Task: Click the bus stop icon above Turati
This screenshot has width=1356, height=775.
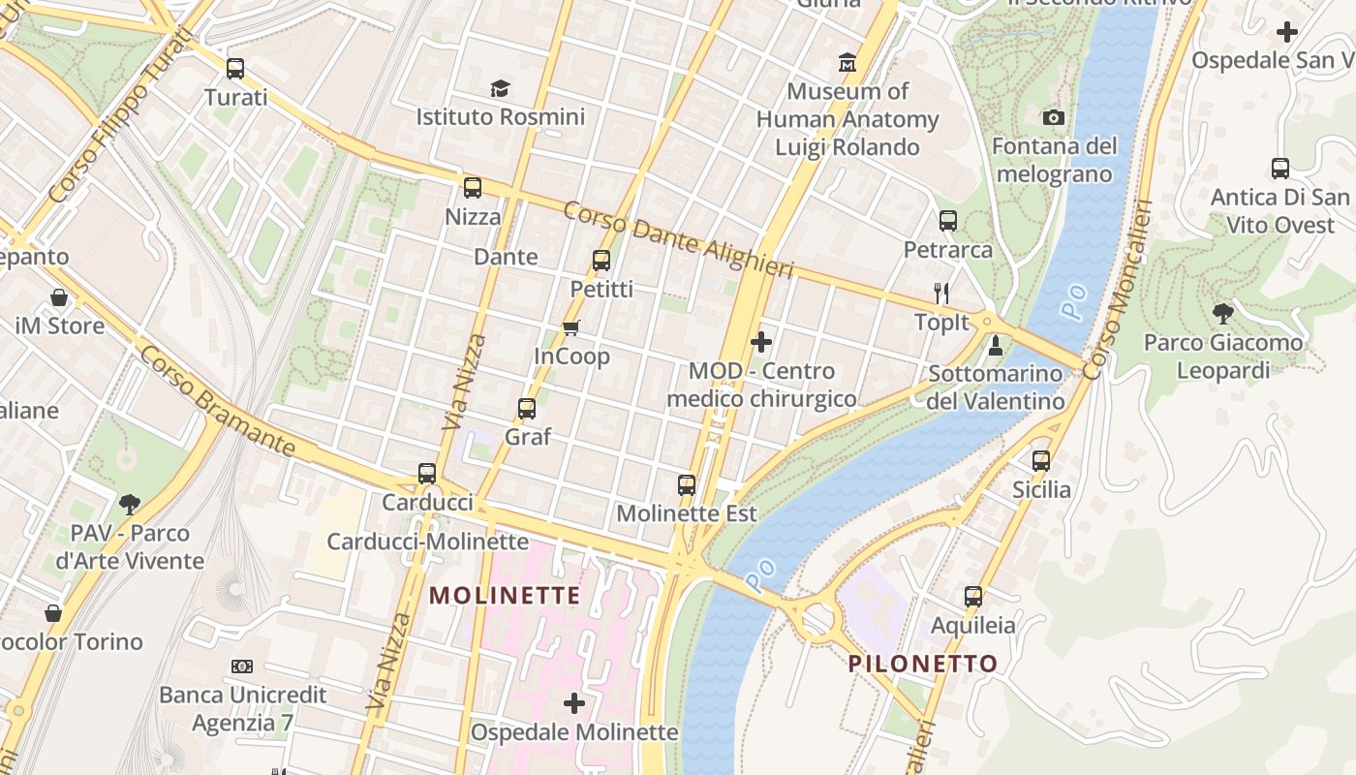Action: click(x=235, y=69)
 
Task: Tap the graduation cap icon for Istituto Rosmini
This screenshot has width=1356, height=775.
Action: click(x=500, y=89)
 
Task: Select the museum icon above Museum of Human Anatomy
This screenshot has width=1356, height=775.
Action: click(x=847, y=63)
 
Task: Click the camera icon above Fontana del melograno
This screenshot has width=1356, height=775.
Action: click(x=1054, y=118)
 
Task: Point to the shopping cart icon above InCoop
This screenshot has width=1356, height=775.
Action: click(x=571, y=328)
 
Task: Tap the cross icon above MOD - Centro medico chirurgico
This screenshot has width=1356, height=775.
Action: click(x=761, y=342)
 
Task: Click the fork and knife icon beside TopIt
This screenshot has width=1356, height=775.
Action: click(x=941, y=293)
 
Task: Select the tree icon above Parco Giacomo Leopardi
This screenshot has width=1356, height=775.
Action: click(x=1223, y=314)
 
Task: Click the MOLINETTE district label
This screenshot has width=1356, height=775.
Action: click(x=505, y=595)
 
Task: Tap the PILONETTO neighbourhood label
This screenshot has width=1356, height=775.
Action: click(x=922, y=664)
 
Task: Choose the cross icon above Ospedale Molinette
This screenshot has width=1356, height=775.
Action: click(x=574, y=702)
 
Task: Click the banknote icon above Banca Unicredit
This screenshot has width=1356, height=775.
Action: click(x=242, y=666)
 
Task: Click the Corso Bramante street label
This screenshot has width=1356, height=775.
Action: click(x=217, y=401)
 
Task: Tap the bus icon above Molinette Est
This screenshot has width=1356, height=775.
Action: click(x=687, y=484)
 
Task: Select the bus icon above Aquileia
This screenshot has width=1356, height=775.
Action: click(x=973, y=597)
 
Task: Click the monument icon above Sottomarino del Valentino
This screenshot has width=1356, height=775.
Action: click(x=995, y=345)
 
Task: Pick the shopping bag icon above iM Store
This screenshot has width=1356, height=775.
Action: click(x=59, y=297)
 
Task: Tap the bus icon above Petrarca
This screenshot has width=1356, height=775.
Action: click(x=948, y=221)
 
